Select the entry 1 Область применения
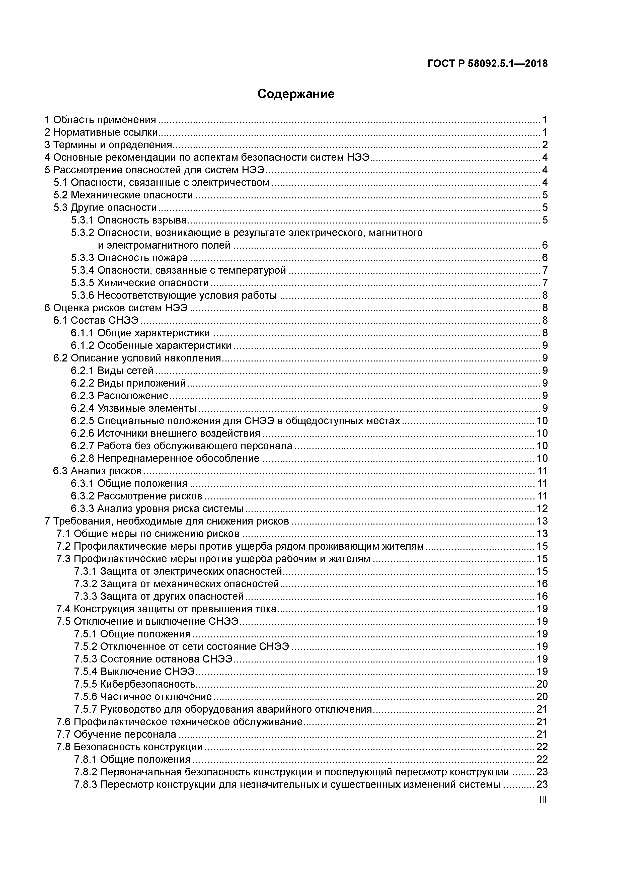tap(100, 120)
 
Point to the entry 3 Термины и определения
tap(108, 145)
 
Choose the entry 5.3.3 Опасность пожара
tap(129, 258)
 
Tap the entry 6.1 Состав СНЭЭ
tap(96, 320)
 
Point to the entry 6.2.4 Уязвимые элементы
tap(133, 408)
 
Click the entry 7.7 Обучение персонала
tap(116, 734)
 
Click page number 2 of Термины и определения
tap(545, 145)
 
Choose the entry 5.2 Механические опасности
tap(123, 195)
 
